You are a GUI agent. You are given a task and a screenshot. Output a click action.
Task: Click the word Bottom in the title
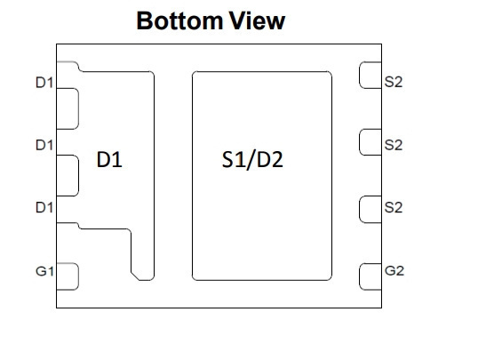point(180,21)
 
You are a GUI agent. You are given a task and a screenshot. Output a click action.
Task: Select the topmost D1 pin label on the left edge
point(44,83)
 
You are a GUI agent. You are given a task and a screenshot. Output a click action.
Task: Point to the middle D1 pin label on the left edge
point(44,145)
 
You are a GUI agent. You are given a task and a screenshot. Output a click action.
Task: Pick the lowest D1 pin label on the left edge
point(44,207)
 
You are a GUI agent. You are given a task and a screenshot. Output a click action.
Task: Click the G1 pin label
point(44,271)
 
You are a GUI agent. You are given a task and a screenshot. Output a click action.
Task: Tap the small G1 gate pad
point(68,276)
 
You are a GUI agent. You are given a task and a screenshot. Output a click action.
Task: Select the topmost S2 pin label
point(393,82)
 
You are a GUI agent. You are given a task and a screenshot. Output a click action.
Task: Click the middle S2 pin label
point(393,145)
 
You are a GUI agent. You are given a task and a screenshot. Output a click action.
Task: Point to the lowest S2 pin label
point(393,207)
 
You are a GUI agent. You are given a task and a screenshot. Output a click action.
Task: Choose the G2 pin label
point(394,270)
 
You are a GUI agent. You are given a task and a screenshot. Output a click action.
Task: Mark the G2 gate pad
point(371,276)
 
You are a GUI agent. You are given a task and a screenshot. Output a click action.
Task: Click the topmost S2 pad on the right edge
point(371,75)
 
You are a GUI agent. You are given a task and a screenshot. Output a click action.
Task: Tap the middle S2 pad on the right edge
point(371,142)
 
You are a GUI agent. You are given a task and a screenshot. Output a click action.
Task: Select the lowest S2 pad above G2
point(371,209)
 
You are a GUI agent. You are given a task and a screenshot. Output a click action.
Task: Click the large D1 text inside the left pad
point(109,159)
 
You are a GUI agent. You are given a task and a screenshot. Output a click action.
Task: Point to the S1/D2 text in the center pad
point(252,159)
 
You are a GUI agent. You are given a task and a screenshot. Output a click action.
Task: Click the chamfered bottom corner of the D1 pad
point(135,276)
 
